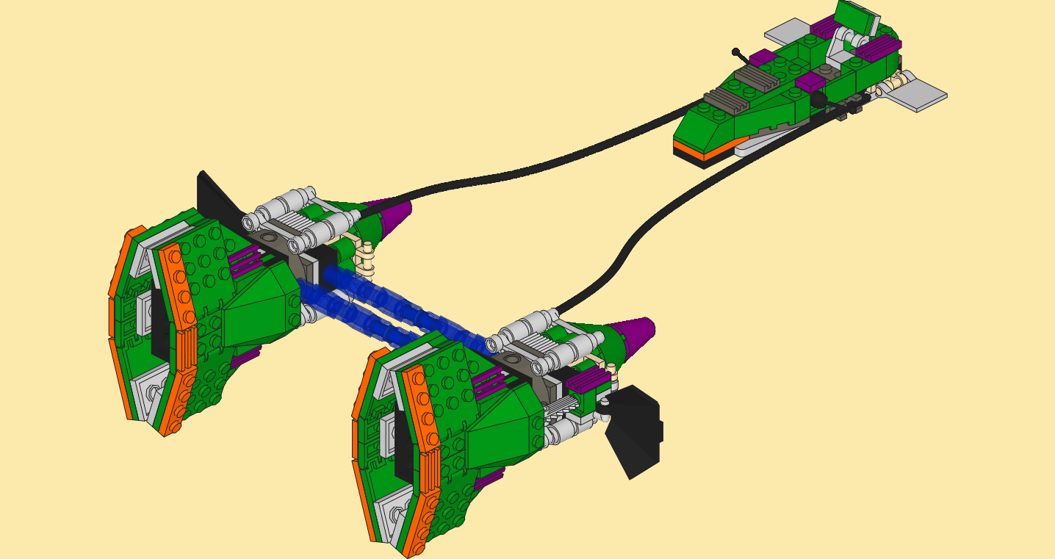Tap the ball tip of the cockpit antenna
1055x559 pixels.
click(x=735, y=51)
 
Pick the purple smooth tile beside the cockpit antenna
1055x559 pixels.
click(x=763, y=57)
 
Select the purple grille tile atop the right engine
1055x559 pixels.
click(x=587, y=379)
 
